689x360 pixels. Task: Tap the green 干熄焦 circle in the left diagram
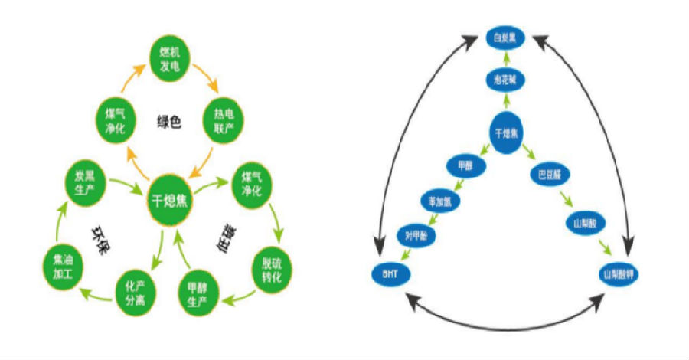click(x=169, y=200)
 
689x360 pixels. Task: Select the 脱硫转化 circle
click(x=269, y=270)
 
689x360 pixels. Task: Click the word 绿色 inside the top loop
click(x=169, y=120)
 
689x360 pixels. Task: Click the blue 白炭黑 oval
click(x=508, y=35)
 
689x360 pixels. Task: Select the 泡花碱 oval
click(x=507, y=79)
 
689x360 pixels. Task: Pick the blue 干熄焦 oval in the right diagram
click(x=507, y=133)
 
